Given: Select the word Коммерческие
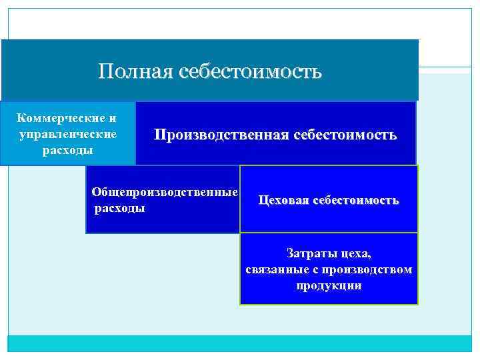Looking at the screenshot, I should click(61, 119).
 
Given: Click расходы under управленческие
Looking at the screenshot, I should click(68, 149).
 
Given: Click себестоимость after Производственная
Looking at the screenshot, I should click(345, 135).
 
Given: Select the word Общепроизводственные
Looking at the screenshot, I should click(165, 192).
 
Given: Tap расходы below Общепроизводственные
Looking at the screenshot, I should click(120, 208).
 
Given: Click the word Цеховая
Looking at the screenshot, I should click(281, 200).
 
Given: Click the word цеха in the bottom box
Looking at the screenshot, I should click(355, 253).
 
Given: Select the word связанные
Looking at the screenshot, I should click(273, 269).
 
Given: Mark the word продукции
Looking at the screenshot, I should click(329, 285).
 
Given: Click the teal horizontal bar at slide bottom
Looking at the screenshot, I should click(240, 343).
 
